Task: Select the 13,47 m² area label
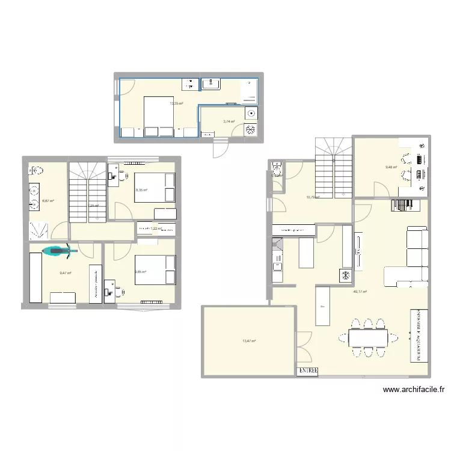click(x=249, y=341)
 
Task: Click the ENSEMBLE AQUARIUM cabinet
click(x=416, y=337)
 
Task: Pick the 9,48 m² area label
click(x=391, y=167)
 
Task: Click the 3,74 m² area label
click(x=229, y=121)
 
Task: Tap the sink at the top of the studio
click(x=211, y=84)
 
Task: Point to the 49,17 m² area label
click(x=360, y=292)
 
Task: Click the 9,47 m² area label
click(x=65, y=273)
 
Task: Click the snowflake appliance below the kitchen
click(x=346, y=275)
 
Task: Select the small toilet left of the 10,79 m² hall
click(x=277, y=171)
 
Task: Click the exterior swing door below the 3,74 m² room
click(x=221, y=146)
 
